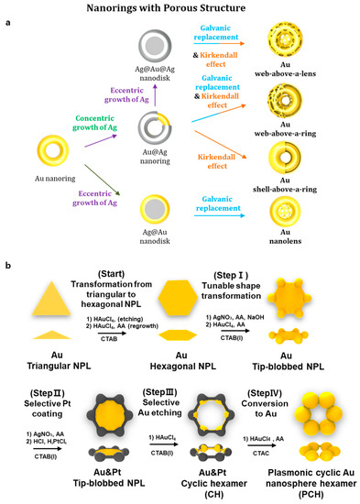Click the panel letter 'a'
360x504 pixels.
[8, 27]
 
